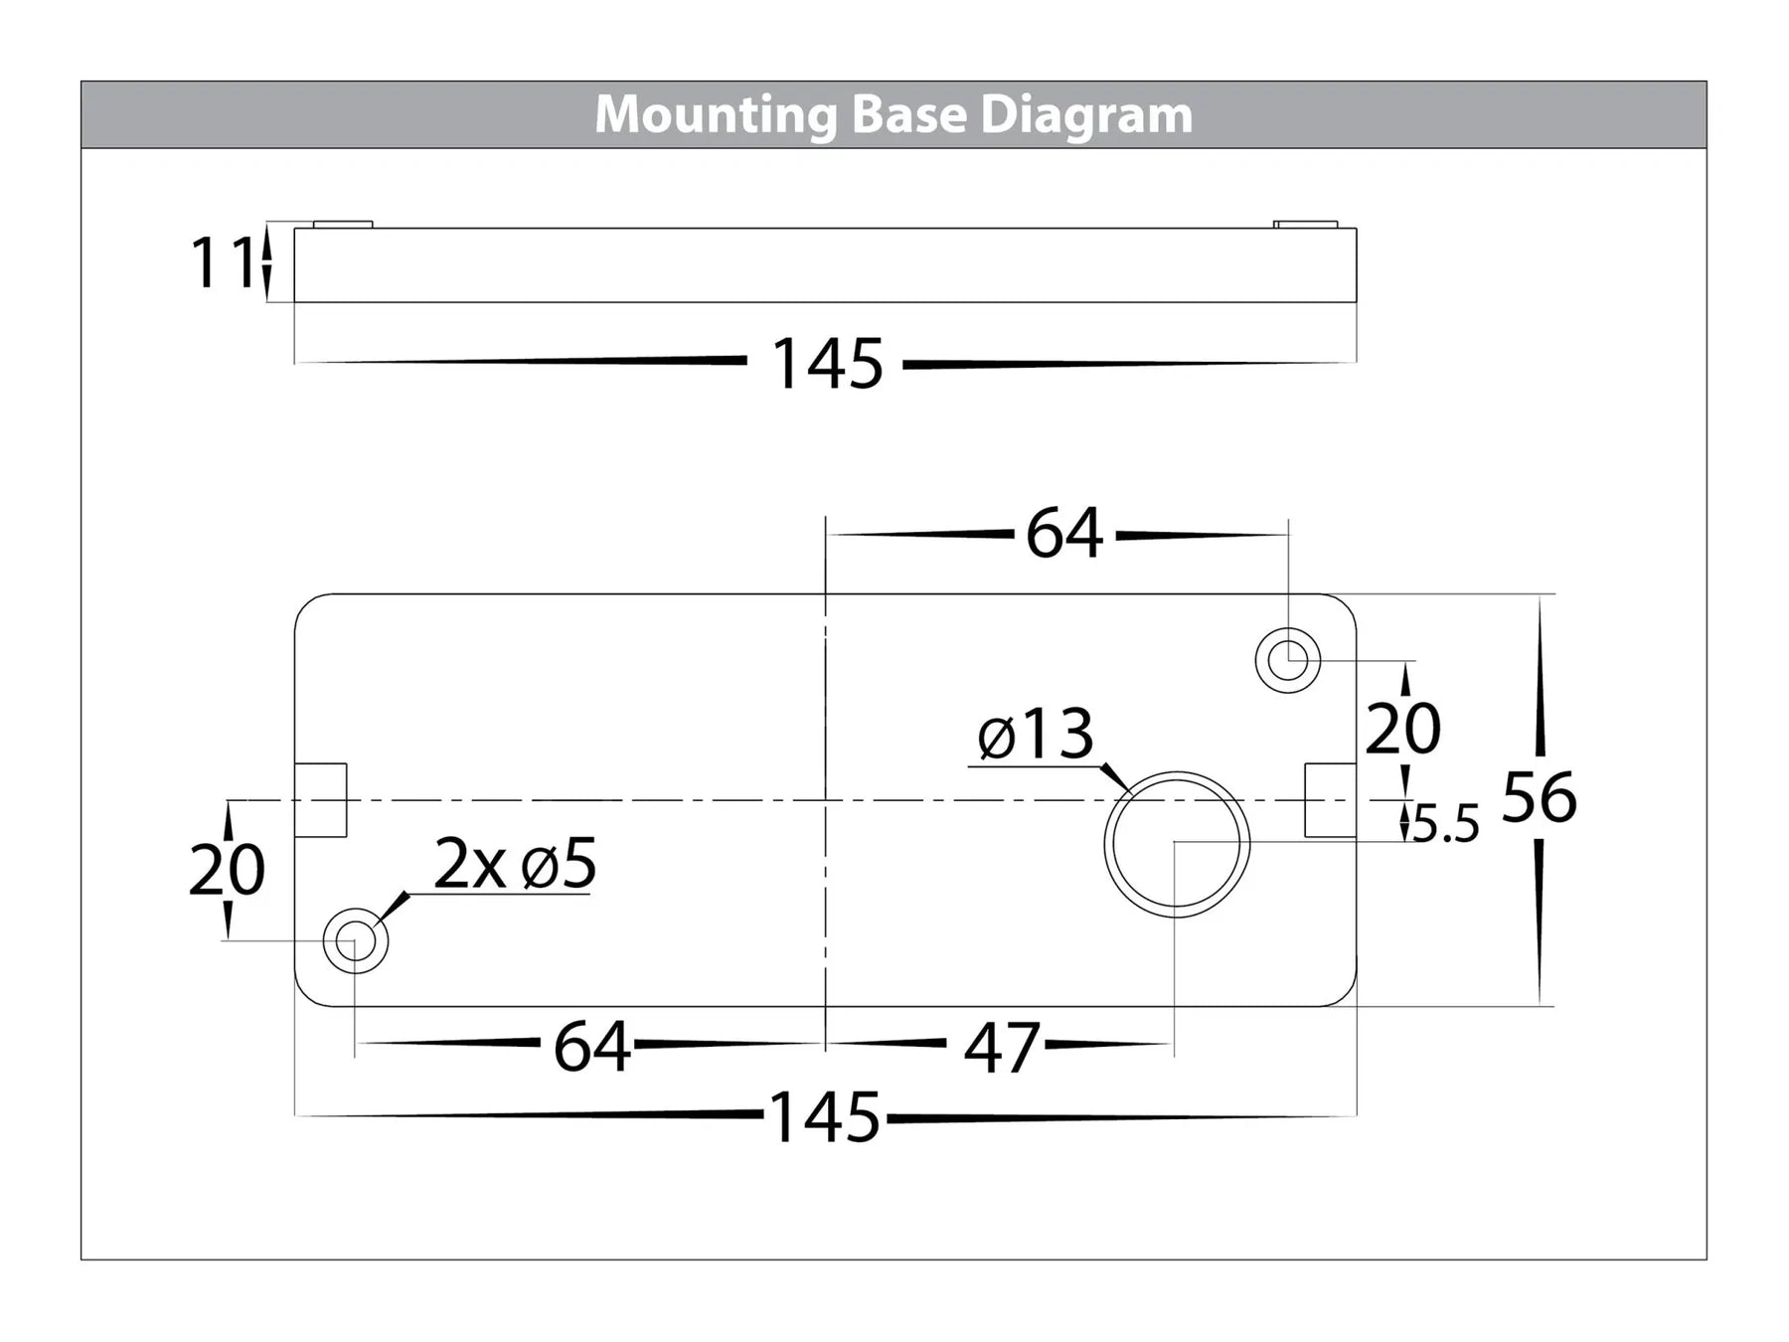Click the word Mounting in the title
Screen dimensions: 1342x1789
click(x=717, y=115)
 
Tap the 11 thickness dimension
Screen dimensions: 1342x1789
click(x=221, y=263)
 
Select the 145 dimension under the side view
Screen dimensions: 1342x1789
click(x=826, y=364)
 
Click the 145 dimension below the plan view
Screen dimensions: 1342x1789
click(x=824, y=1118)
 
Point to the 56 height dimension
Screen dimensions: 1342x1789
click(x=1539, y=797)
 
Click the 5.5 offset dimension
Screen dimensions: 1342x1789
click(x=1446, y=825)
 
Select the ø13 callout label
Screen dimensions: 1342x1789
click(x=1035, y=736)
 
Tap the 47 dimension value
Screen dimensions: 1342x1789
click(x=1001, y=1048)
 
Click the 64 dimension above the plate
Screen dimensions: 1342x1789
click(x=1063, y=534)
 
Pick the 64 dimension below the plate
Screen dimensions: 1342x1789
click(x=591, y=1047)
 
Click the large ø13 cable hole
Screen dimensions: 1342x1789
click(x=1176, y=843)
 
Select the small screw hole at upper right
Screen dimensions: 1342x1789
click(x=1288, y=660)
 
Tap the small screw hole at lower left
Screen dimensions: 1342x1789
click(x=355, y=940)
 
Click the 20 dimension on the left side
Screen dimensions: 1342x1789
click(x=227, y=870)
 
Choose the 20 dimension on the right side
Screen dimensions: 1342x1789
click(x=1402, y=729)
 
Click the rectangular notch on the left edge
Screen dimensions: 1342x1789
click(x=321, y=799)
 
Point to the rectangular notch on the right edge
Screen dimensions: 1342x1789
click(x=1330, y=799)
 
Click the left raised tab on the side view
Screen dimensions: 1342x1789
click(x=343, y=225)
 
